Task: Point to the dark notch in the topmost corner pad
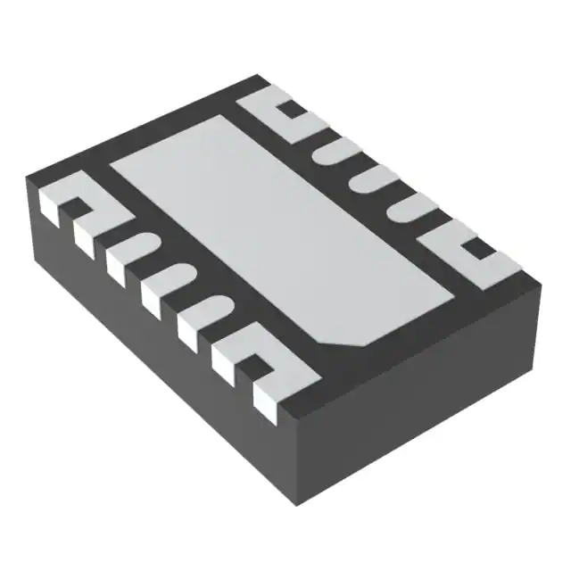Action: tap(287, 111)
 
